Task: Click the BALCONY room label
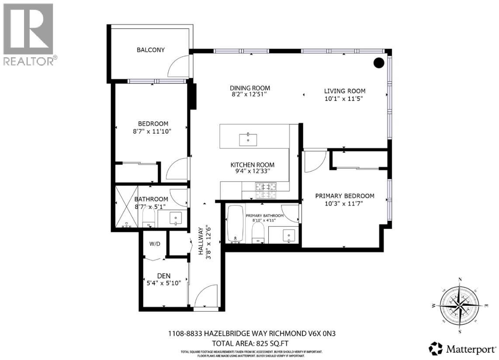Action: (x=151, y=50)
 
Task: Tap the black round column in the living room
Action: (x=379, y=63)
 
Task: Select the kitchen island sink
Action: (x=248, y=140)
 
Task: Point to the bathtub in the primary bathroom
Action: (x=235, y=223)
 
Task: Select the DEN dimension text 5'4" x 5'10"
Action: (x=164, y=283)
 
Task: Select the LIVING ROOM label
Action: (x=345, y=91)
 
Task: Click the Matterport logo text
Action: (x=471, y=349)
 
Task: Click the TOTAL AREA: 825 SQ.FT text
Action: (x=250, y=343)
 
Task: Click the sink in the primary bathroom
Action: (x=289, y=236)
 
